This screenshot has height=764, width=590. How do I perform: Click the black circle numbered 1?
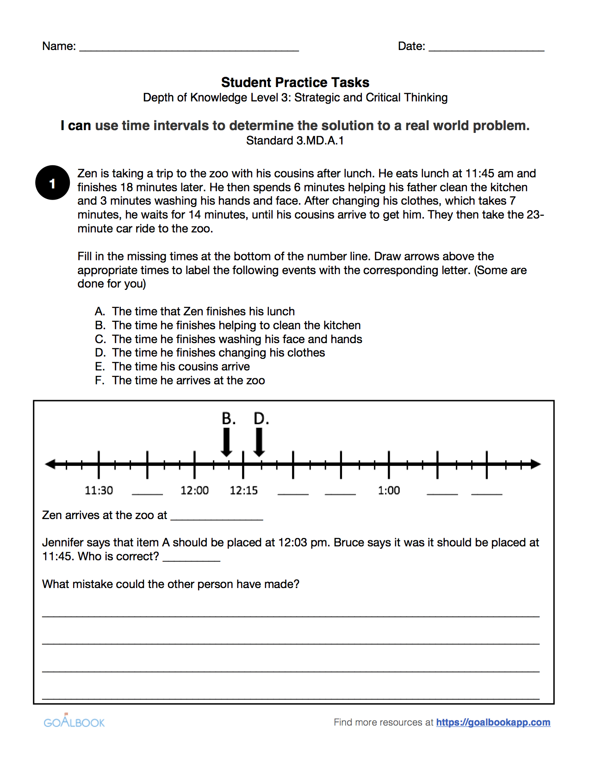tap(53, 183)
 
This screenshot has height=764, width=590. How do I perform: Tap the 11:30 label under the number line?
tap(99, 490)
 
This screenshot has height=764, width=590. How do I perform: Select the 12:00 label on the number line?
tap(194, 490)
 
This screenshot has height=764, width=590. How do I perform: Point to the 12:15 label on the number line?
tap(244, 490)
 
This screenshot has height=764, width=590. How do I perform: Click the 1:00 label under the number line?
tap(389, 490)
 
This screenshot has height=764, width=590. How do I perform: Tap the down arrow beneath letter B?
tap(227, 443)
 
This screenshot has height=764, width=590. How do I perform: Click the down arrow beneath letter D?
tap(259, 443)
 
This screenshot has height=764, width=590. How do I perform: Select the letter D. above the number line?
tap(261, 419)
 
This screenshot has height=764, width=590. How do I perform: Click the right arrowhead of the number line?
tap(535, 464)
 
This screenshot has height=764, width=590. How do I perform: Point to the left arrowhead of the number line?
tap(50, 464)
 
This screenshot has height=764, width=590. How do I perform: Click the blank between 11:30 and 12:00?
tap(147, 492)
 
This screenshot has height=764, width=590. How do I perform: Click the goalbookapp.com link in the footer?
tap(493, 722)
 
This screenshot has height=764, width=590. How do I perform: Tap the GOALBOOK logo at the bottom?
tap(74, 722)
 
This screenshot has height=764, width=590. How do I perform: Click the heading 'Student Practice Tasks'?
tap(295, 82)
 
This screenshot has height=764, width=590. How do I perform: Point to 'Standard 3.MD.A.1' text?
tap(295, 141)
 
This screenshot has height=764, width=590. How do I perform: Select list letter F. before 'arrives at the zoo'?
tap(99, 381)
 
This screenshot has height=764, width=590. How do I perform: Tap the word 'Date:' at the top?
tap(411, 46)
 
